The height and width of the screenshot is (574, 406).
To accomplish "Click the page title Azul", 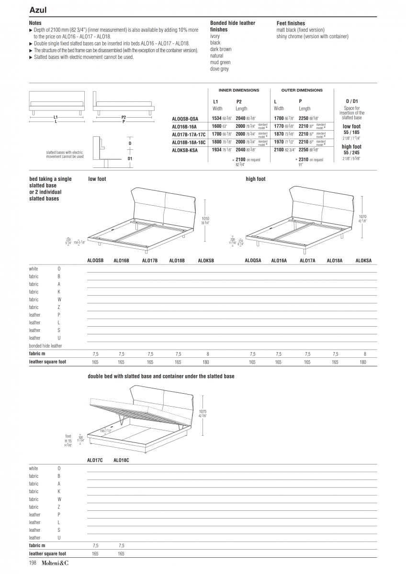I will click(x=38, y=10).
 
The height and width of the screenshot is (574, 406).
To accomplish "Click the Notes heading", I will click(x=35, y=23).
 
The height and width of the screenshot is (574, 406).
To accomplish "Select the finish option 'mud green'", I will click(x=220, y=62).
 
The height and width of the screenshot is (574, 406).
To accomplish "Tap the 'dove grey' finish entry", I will click(x=219, y=69).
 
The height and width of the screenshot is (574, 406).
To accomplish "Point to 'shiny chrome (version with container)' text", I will click(x=312, y=36).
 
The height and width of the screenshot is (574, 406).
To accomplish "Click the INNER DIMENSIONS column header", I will click(x=238, y=90).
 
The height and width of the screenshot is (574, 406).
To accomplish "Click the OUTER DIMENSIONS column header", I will click(x=302, y=90).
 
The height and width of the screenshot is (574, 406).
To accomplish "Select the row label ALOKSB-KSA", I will click(x=185, y=150).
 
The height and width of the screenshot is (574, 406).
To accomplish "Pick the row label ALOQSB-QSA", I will click(x=185, y=119).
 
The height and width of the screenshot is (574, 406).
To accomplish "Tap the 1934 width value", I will click(x=216, y=150).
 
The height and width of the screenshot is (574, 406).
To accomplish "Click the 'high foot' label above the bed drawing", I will click(x=255, y=179).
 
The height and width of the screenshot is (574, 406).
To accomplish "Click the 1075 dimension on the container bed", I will click(x=203, y=411).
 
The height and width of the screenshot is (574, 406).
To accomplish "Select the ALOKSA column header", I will click(x=363, y=261).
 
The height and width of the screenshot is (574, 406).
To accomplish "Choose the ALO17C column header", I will click(x=95, y=460).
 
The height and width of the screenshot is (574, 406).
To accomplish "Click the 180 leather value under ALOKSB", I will click(x=206, y=362).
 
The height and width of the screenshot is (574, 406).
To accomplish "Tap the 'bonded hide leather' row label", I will click(x=45, y=345).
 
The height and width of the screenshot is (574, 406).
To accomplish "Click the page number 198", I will click(x=33, y=563).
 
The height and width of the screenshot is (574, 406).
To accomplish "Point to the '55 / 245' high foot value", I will click(x=351, y=152).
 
